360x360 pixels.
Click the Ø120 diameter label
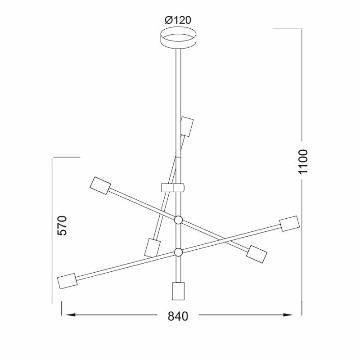(178, 20)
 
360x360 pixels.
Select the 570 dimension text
(62, 225)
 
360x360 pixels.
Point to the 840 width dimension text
(178, 316)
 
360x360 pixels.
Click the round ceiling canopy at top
(178, 38)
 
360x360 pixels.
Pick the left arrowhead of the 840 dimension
(71, 315)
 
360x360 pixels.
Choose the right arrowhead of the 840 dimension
(288, 315)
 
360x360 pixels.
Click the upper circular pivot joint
(178, 220)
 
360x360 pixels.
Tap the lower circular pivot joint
(178, 252)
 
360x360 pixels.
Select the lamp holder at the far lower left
(67, 281)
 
